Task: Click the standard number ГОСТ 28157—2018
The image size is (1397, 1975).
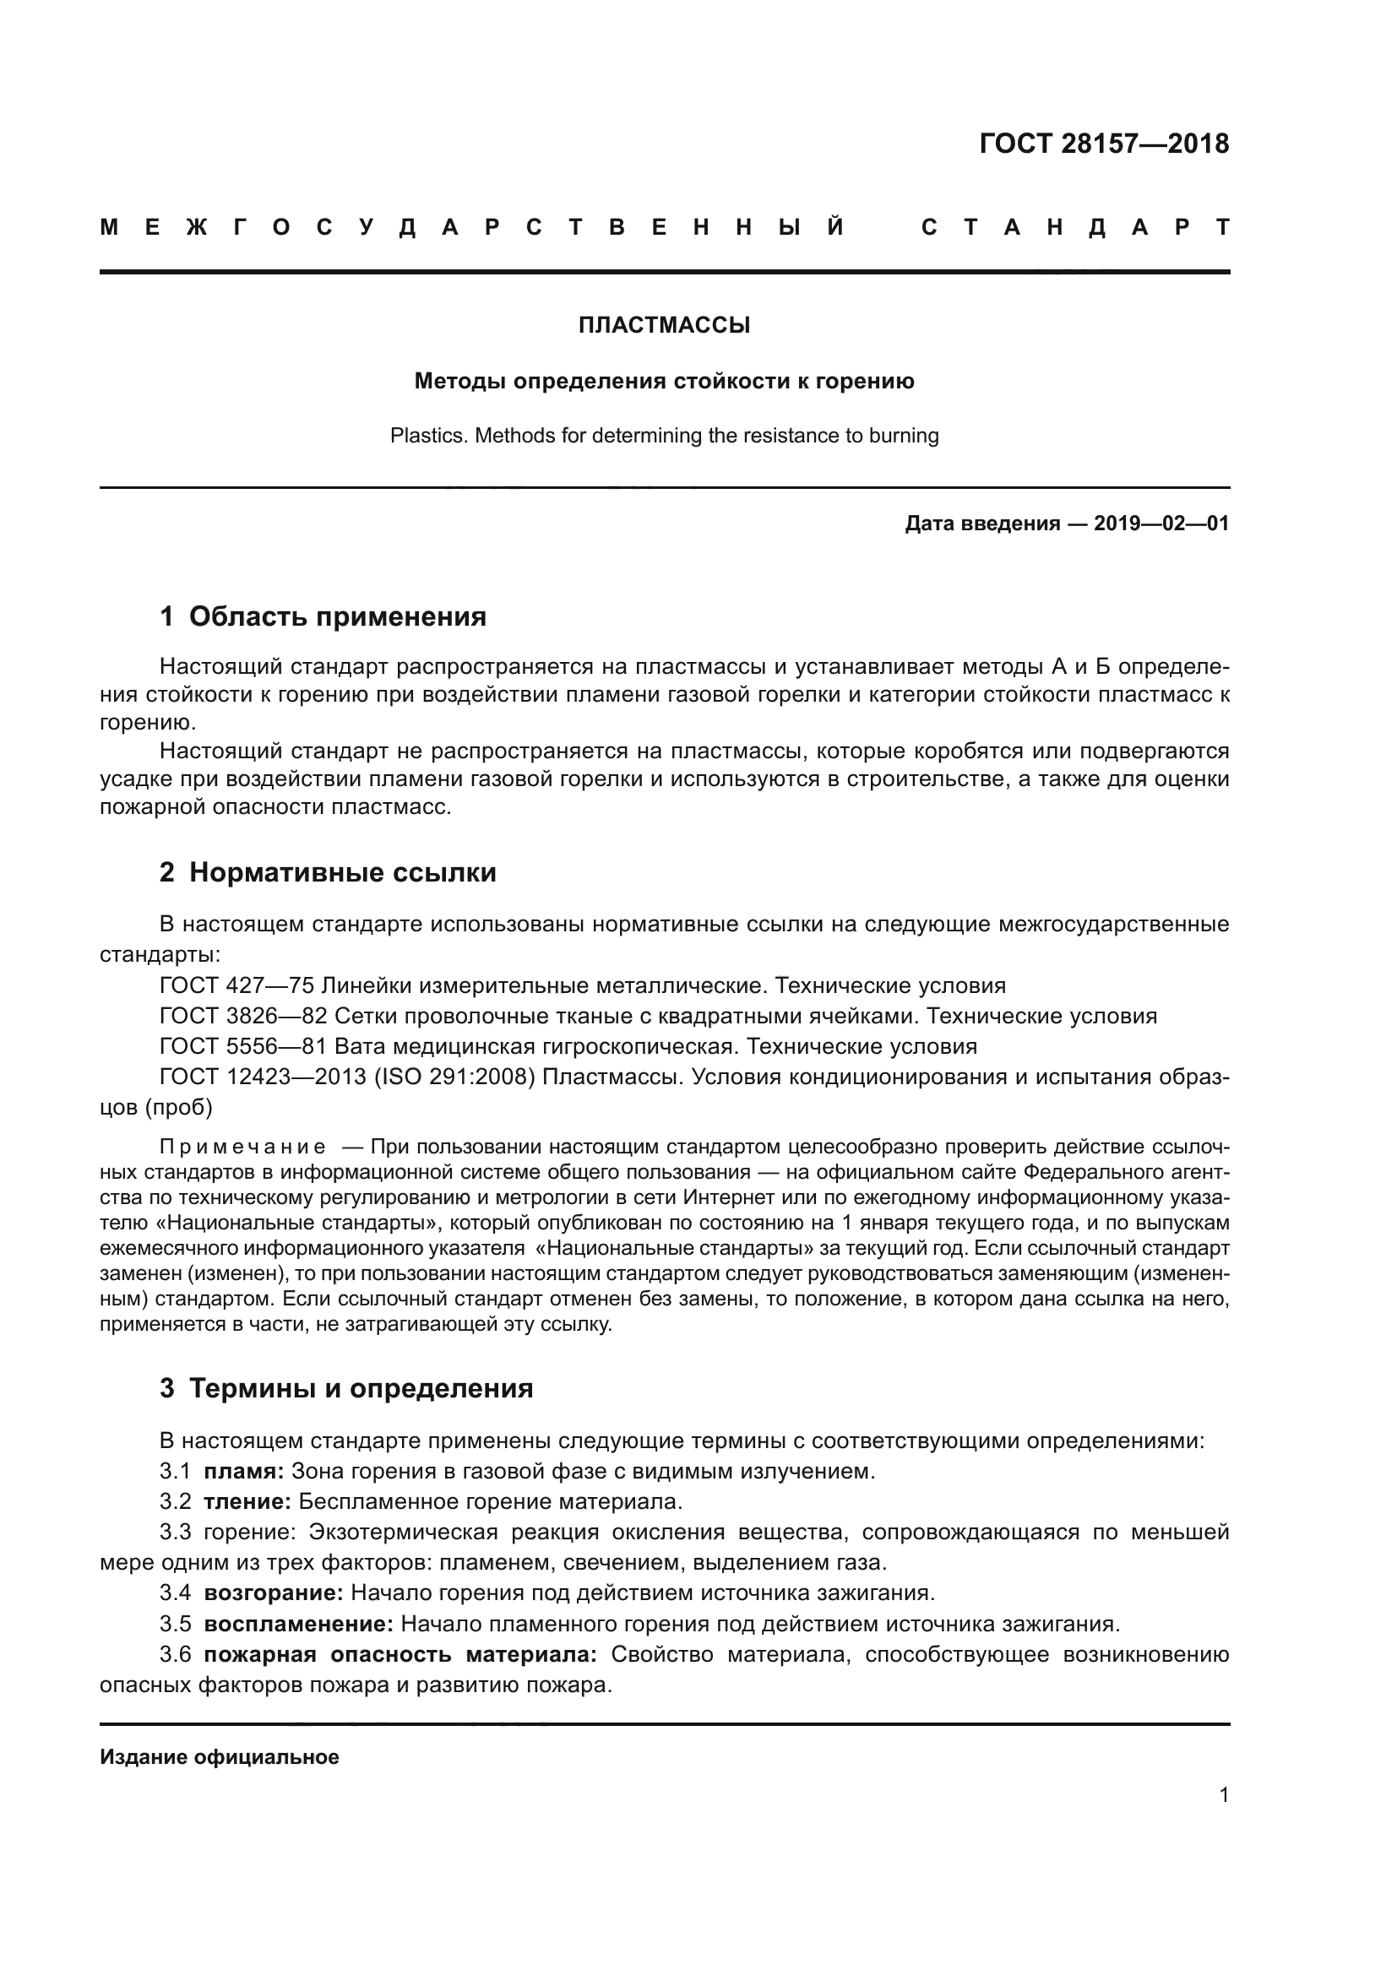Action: click(x=1104, y=144)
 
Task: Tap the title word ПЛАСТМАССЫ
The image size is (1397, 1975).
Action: click(x=664, y=325)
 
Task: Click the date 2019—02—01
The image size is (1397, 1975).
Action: click(x=1161, y=523)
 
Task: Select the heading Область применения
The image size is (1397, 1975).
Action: click(x=337, y=616)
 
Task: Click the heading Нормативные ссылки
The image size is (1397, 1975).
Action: click(x=342, y=872)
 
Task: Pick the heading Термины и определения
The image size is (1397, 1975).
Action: click(x=361, y=1388)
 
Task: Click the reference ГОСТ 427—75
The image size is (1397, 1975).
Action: click(x=236, y=985)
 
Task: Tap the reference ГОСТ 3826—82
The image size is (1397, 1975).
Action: click(x=243, y=1016)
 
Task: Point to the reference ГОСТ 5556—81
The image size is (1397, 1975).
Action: click(x=243, y=1046)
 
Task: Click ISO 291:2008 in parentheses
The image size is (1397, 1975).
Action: click(x=457, y=1077)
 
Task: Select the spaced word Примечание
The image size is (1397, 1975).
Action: click(x=242, y=1147)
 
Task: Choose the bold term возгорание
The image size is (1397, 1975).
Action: click(x=273, y=1593)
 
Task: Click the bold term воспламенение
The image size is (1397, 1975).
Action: click(x=297, y=1624)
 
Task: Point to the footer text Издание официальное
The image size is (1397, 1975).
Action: click(x=220, y=1757)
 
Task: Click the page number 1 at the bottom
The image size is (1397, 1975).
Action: click(x=1224, y=1794)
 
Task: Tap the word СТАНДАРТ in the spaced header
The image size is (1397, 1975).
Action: click(x=1075, y=227)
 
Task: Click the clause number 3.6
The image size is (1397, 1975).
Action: click(x=175, y=1654)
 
